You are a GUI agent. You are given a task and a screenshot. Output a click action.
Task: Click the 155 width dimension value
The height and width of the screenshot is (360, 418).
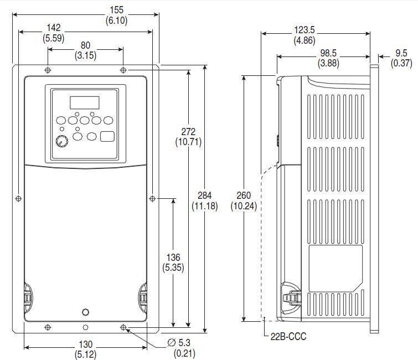tap(116, 10)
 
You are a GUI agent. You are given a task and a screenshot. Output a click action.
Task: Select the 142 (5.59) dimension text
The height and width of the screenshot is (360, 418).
tap(54, 33)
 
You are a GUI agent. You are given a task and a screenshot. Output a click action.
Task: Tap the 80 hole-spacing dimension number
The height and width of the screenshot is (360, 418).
tap(86, 45)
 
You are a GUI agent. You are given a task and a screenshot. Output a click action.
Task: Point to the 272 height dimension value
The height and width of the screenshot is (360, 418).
tap(188, 131)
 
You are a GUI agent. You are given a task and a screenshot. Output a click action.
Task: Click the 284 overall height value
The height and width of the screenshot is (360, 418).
tap(204, 196)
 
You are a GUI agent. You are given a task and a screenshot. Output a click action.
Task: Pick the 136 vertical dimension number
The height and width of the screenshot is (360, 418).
tap(173, 258)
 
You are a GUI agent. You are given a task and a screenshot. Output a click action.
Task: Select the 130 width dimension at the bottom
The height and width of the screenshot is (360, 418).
tap(86, 344)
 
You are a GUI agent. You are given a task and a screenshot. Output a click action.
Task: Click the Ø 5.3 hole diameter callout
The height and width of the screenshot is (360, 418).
tap(179, 342)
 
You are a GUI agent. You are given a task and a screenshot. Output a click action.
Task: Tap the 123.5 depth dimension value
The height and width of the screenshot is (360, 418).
tap(305, 29)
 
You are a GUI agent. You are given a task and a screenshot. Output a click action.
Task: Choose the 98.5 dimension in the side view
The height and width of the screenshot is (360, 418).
tap(328, 53)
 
